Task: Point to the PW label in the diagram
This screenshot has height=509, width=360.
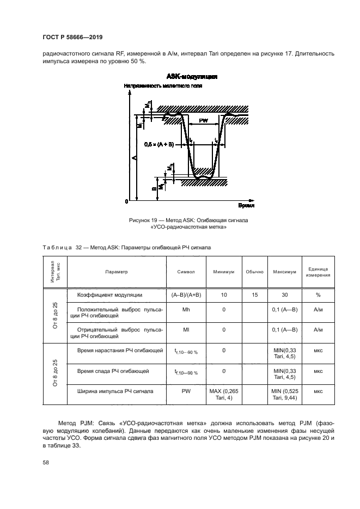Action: (203, 121)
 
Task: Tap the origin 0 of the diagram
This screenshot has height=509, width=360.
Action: (126, 201)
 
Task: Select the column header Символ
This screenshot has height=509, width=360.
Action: (186, 271)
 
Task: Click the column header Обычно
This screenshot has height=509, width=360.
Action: (254, 271)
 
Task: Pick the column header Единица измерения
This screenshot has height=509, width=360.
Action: (317, 271)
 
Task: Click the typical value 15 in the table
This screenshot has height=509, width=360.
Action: (254, 295)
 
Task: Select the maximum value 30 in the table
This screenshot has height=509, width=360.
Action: (284, 295)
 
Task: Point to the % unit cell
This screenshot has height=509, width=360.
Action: (317, 295)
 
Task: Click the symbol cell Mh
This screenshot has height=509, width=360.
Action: (186, 309)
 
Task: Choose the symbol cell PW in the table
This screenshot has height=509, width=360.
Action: (186, 391)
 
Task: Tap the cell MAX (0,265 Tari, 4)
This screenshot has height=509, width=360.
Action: (224, 395)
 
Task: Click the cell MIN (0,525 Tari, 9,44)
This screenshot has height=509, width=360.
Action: (284, 395)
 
